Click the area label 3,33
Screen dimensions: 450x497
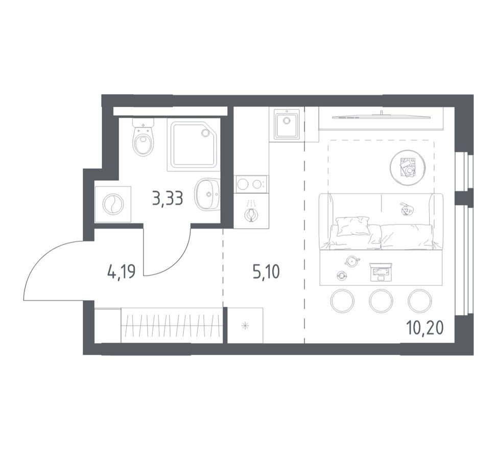(168, 197)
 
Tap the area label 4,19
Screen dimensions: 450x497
(121, 272)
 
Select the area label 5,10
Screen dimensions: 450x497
(266, 272)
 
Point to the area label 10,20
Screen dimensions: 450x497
(424, 327)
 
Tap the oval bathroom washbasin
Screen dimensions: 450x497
(207, 194)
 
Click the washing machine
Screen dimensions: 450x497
(112, 205)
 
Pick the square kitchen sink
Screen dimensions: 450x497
(287, 124)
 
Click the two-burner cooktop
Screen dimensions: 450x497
(251, 184)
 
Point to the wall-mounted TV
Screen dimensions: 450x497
(381, 116)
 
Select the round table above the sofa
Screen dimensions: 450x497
(408, 167)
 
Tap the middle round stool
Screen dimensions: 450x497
(381, 301)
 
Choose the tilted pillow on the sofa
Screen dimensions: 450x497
(352, 226)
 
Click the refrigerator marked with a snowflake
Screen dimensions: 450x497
(245, 325)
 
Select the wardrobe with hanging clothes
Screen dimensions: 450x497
(172, 325)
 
